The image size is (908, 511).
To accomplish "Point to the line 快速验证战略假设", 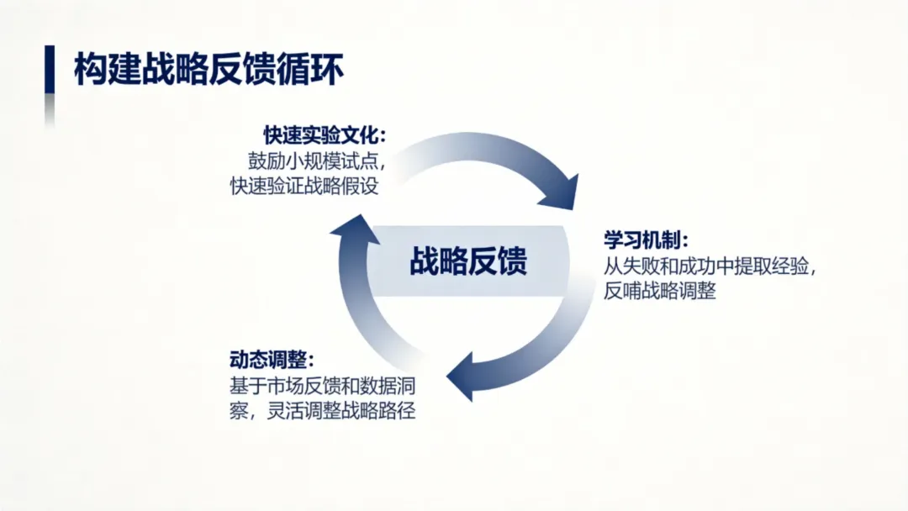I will (305, 187).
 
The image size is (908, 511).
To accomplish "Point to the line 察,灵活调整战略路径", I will (323, 412).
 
